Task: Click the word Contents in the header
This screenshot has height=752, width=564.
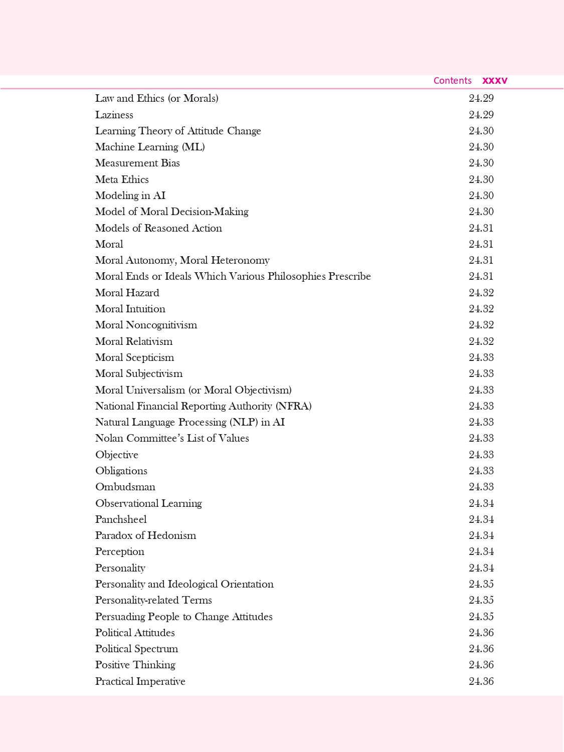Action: click(x=452, y=81)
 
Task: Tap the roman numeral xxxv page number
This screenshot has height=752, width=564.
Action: click(x=495, y=81)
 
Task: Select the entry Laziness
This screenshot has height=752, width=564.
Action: click(x=114, y=115)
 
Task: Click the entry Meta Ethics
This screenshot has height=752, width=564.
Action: click(x=122, y=179)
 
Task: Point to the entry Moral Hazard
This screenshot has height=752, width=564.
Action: click(x=127, y=293)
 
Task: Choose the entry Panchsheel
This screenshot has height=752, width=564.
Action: click(x=121, y=519)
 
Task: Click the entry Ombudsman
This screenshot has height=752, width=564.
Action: click(x=125, y=487)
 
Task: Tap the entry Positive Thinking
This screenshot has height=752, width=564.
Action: click(x=135, y=665)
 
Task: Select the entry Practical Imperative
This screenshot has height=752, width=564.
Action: click(x=140, y=681)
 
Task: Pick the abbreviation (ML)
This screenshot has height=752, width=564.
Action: click(x=193, y=147)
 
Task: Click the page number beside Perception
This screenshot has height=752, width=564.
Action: click(x=481, y=551)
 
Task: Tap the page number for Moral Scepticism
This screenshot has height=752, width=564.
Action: click(x=481, y=357)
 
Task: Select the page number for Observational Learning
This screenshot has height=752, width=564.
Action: click(x=481, y=503)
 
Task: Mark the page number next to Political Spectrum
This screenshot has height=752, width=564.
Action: click(x=481, y=649)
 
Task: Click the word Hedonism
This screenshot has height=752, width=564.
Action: click(x=171, y=535)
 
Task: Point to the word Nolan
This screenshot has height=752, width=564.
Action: click(x=109, y=438)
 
